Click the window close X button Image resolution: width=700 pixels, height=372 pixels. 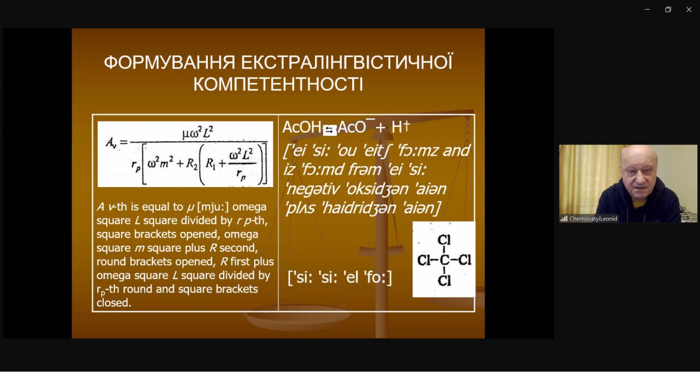[x=689, y=10]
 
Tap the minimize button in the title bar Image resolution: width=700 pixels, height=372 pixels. [x=647, y=10]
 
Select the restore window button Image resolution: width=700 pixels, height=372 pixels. [x=668, y=10]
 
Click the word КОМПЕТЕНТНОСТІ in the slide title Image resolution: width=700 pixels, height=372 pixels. [x=278, y=84]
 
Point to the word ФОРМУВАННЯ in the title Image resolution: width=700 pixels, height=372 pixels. [x=170, y=62]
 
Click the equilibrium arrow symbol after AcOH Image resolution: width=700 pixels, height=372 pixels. [x=330, y=130]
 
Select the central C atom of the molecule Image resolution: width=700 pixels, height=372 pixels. [x=444, y=260]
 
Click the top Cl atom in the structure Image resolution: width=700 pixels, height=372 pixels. [x=444, y=240]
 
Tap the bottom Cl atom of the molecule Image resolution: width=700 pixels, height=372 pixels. [x=444, y=281]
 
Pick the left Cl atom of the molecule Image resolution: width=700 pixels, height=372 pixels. [x=424, y=260]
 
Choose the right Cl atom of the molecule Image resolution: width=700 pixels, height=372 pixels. [x=465, y=260]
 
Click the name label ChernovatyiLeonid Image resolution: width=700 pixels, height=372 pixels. [x=593, y=218]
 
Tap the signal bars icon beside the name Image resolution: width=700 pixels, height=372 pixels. [x=564, y=218]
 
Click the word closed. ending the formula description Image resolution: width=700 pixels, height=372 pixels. [x=114, y=303]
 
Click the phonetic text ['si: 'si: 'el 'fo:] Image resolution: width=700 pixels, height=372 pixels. [x=340, y=277]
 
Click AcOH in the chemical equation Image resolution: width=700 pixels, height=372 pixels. [x=302, y=127]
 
